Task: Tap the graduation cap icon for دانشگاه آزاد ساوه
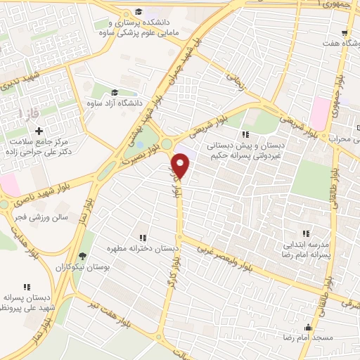115,92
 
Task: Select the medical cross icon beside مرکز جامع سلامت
39,131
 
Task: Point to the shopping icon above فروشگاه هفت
344,32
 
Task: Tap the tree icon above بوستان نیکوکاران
83,256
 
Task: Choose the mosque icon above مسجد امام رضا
307,327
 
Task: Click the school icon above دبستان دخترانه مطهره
143,238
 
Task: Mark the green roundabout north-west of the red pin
167,144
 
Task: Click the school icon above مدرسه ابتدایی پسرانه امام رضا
304,233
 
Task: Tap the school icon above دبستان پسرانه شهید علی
27,287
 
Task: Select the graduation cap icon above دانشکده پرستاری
139,12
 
